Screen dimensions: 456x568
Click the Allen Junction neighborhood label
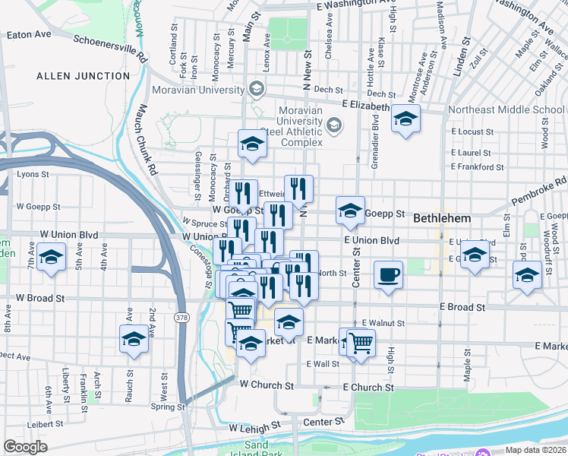click(x=84, y=76)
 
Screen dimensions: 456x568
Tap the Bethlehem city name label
click(x=443, y=218)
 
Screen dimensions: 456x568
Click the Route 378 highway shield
click(x=181, y=316)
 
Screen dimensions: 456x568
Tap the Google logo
click(x=25, y=447)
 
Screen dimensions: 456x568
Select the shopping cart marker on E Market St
click(x=361, y=343)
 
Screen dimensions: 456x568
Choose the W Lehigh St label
click(x=254, y=429)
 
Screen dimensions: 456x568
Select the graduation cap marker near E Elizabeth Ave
click(x=406, y=119)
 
